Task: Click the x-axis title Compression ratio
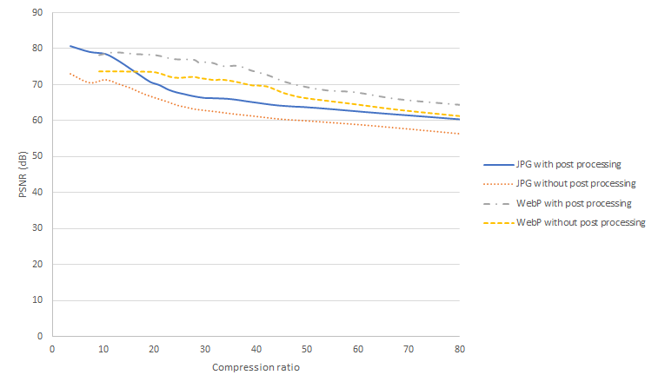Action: [x=256, y=367]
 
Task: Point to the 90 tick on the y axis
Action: [x=38, y=13]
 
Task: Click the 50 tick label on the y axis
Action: [x=38, y=156]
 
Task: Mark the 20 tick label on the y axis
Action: [x=38, y=264]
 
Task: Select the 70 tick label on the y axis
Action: [x=38, y=85]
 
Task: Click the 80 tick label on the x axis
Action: [x=460, y=349]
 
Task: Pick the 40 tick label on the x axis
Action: [x=256, y=349]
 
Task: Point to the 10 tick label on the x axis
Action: [x=103, y=349]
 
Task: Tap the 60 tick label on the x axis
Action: [x=358, y=349]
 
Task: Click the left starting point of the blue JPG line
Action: [x=70, y=46]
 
